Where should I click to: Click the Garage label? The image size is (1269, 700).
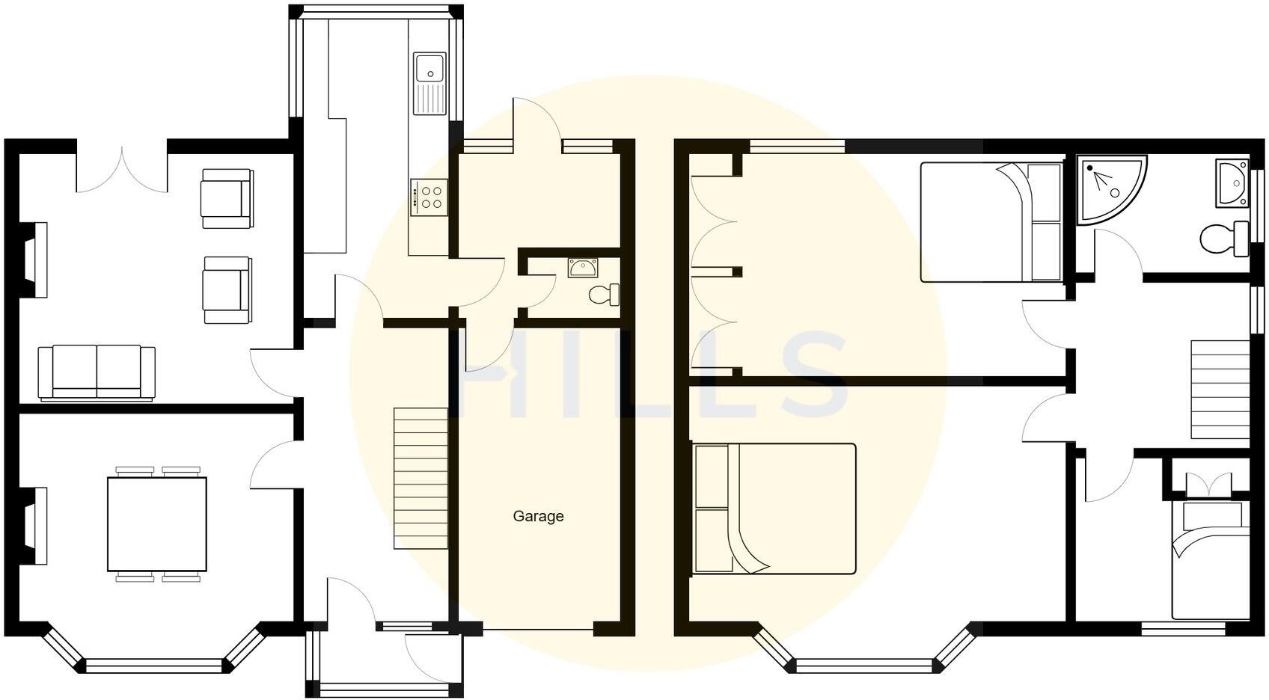(x=538, y=516)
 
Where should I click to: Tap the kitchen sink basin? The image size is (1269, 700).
(x=429, y=68)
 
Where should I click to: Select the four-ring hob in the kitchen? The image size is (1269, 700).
(x=429, y=197)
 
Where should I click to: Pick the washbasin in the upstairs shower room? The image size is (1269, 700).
(x=1232, y=182)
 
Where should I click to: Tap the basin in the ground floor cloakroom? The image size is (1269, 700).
(x=582, y=267)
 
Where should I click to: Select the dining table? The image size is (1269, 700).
(x=157, y=524)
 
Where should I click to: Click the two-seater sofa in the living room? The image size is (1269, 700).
(x=97, y=372)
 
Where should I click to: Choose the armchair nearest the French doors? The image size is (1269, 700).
(x=226, y=198)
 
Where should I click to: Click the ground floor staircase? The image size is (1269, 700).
(x=421, y=479)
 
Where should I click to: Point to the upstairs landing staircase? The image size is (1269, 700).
(x=1220, y=389)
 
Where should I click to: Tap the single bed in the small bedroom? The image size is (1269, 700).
(x=1211, y=561)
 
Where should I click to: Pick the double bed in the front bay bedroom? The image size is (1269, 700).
(x=774, y=509)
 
